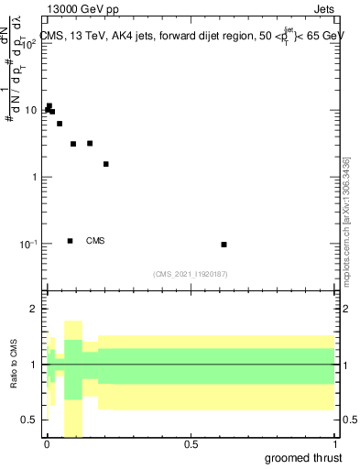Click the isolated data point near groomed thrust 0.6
tap(224, 245)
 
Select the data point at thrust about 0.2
tap(106, 164)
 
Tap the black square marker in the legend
tap(71, 241)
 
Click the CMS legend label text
tap(95, 241)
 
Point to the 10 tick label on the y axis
tap(30, 110)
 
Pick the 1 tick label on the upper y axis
tap(34, 177)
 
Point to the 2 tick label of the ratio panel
tap(34, 310)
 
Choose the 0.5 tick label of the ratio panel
tap(29, 420)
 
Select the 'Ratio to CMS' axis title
tap(15, 365)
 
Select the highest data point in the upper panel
tap(49, 106)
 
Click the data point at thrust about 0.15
tap(90, 143)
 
